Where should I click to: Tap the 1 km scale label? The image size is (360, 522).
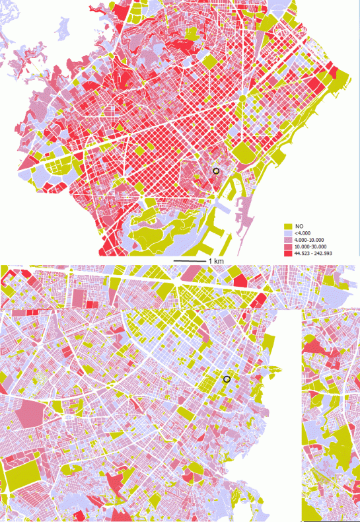(215, 262)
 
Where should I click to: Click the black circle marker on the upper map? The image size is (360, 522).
(215, 171)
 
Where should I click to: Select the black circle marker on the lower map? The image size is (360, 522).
(227, 379)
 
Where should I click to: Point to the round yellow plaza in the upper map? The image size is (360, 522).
(242, 98)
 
